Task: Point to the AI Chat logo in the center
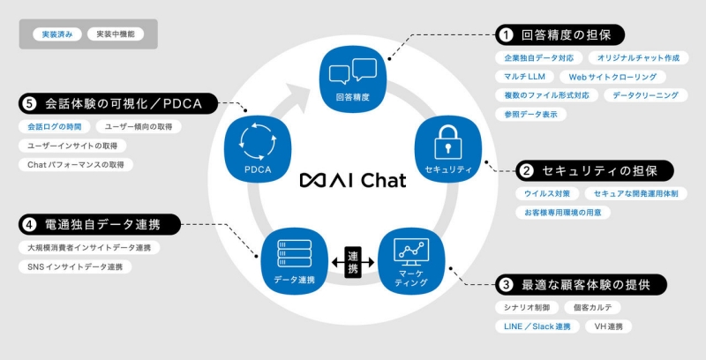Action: point(352,180)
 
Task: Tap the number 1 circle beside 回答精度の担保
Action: point(506,35)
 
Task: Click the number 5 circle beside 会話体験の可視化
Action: point(29,104)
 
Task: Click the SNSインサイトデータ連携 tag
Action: point(75,266)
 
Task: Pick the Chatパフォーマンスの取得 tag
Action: point(75,164)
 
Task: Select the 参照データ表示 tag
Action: point(530,114)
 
